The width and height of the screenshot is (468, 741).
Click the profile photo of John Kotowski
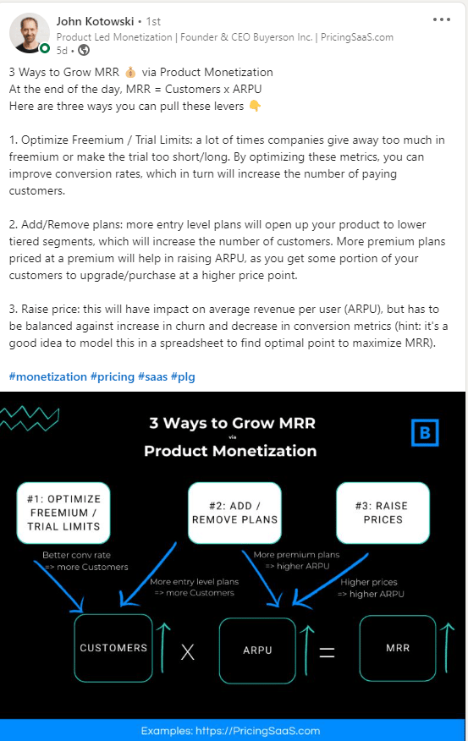tap(30, 33)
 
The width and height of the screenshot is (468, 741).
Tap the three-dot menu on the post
tap(442, 19)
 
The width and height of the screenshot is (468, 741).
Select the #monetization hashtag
tap(47, 376)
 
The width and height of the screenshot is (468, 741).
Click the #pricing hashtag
tap(113, 376)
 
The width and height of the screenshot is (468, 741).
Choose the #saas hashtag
tap(152, 376)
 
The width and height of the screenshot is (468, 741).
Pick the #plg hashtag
tap(183, 376)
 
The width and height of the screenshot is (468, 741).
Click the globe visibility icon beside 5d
tap(84, 50)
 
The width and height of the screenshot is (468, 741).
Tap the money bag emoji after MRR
tap(130, 72)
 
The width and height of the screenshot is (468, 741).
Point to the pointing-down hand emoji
tap(255, 106)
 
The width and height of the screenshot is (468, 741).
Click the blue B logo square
tap(425, 432)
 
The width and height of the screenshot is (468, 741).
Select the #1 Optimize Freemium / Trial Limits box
tap(63, 513)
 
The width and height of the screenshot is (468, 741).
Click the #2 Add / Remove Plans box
tap(234, 513)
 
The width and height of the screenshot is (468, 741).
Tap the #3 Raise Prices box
tap(383, 513)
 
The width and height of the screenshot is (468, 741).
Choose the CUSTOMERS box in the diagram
tap(113, 648)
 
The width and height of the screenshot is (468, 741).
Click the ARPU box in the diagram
tap(257, 650)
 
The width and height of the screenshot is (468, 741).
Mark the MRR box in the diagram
tap(398, 648)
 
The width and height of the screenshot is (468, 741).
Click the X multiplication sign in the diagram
tap(188, 652)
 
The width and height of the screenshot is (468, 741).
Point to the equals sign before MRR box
tap(328, 653)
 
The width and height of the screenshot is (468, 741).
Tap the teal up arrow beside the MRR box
tap(447, 648)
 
